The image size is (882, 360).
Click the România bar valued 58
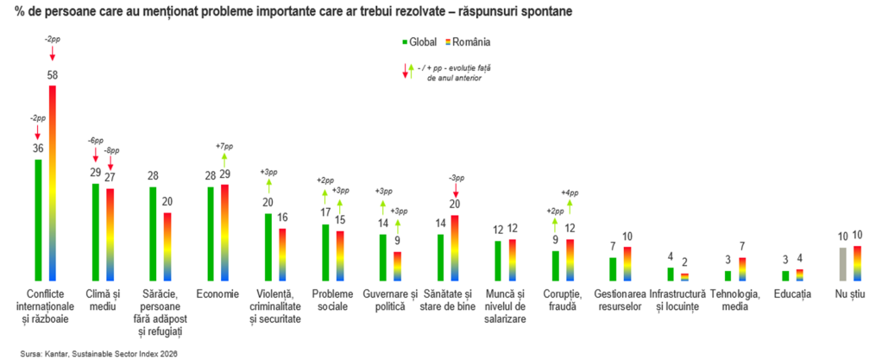tap(53, 183)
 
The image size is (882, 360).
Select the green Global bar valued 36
tap(38, 220)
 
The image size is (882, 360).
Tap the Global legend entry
tap(419, 41)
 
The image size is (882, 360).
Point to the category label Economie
tap(217, 294)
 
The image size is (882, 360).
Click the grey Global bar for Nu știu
tap(842, 264)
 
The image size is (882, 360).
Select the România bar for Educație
tap(799, 275)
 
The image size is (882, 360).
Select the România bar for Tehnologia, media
tap(742, 269)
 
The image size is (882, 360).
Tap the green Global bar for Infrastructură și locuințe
tap(671, 275)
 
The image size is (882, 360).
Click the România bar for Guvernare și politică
tap(398, 266)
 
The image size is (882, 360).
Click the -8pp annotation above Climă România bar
tap(110, 151)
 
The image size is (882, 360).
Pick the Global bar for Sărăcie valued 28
tap(153, 234)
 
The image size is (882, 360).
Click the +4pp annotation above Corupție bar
tap(570, 193)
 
